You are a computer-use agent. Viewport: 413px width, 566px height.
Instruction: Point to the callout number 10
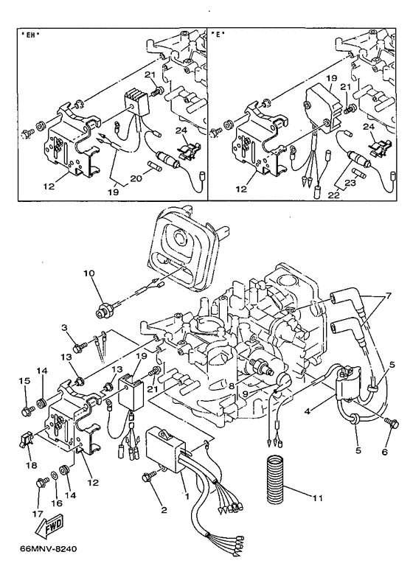[x=89, y=273]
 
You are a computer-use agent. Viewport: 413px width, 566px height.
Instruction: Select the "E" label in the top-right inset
[x=218, y=35]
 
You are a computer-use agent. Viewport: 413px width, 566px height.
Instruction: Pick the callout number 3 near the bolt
[x=64, y=327]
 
